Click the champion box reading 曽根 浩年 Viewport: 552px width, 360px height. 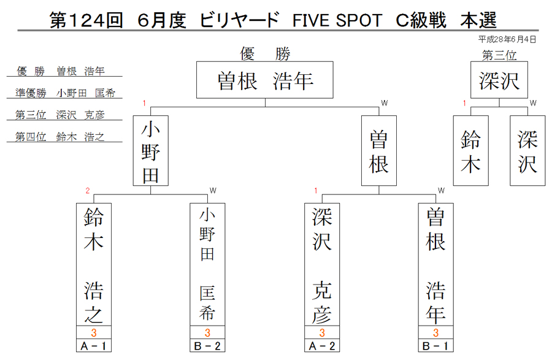coord(265,80)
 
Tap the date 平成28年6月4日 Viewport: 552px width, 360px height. coord(507,39)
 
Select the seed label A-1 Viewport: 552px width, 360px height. coord(94,346)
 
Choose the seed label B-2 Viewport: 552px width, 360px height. coord(207,346)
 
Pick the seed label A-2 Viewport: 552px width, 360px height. coord(322,346)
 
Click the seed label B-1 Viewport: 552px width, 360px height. coord(435,346)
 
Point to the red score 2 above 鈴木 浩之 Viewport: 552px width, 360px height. coord(88,191)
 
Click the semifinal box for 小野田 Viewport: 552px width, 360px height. coord(151,151)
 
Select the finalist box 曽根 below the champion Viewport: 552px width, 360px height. coord(379,151)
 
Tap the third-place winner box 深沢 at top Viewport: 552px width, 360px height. coord(499,80)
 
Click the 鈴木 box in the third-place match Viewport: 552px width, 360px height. coord(470,151)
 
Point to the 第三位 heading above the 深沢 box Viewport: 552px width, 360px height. coord(499,55)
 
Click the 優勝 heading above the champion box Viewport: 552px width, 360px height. coord(265,54)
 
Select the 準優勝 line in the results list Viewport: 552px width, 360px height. coord(65,93)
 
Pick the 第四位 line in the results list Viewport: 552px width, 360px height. coord(59,137)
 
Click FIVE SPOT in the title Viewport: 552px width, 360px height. coord(337,20)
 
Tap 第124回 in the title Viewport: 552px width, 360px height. coord(86,20)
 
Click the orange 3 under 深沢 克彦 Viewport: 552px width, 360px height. coord(322,332)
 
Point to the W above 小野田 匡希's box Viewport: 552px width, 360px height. coord(213,191)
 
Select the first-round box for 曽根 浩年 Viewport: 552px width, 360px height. coord(435,264)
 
